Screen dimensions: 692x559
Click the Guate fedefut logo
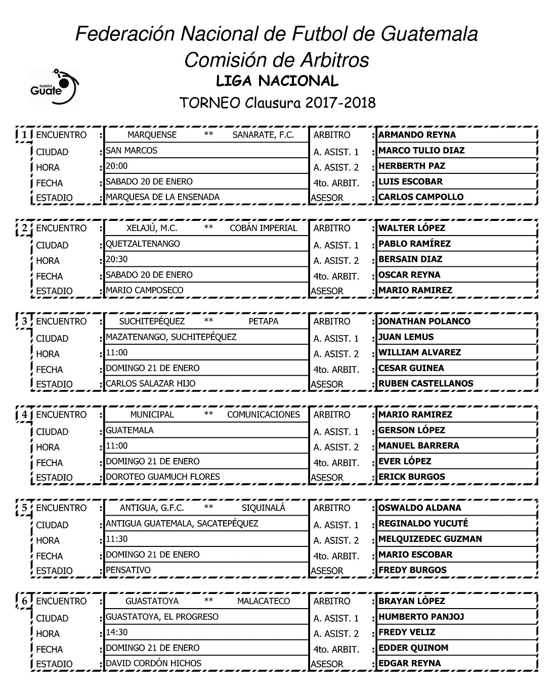click(x=55, y=87)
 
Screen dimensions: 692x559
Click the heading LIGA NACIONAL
click(x=277, y=81)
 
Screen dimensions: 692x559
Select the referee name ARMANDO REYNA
click(x=417, y=135)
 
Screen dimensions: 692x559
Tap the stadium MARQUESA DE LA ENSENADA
click(x=162, y=197)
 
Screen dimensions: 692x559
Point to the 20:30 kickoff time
click(x=117, y=259)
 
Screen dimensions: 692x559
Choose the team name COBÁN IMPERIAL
click(x=263, y=228)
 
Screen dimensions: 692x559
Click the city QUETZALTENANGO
click(x=143, y=244)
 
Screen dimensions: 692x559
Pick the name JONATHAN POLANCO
click(x=424, y=321)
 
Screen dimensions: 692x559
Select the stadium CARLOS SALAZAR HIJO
click(x=150, y=384)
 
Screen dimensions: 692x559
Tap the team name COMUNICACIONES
click(x=263, y=414)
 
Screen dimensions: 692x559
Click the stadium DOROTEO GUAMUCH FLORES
click(x=162, y=477)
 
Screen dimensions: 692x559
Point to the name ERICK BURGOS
click(x=411, y=477)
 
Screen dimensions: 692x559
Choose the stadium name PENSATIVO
click(x=128, y=570)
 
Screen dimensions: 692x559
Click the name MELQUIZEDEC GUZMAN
click(x=430, y=539)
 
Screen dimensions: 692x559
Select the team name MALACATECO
click(x=263, y=601)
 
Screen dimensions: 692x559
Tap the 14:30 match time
click(x=116, y=632)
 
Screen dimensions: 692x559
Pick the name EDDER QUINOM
click(x=413, y=648)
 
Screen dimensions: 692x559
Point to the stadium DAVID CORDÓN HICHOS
click(x=153, y=663)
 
